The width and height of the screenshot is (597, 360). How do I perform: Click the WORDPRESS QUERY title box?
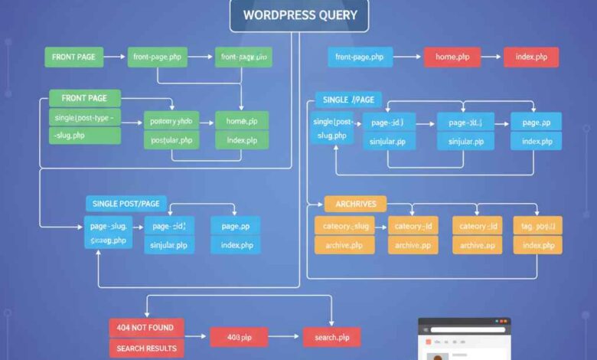[x=298, y=15]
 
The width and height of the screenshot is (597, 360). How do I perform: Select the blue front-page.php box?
[x=360, y=57]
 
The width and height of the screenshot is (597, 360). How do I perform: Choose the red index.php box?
[x=531, y=57]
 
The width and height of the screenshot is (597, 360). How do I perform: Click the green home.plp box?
[x=242, y=120]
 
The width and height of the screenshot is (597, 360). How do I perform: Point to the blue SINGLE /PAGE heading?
[x=348, y=100]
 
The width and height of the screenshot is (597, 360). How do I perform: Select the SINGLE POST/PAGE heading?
[x=126, y=203]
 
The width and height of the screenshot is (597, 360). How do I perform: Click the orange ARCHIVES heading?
[x=356, y=204]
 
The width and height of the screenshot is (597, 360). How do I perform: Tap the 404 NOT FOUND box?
[x=146, y=328]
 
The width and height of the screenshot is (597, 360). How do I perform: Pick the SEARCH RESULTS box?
[x=146, y=349]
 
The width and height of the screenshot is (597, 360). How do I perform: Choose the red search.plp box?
[x=331, y=336]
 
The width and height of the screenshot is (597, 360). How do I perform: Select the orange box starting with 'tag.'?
[x=537, y=225]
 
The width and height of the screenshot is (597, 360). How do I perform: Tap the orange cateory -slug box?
[x=344, y=225]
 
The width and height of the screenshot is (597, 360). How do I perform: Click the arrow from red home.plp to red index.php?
[x=492, y=57]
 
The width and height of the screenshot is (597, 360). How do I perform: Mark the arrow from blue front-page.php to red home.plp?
[x=407, y=57]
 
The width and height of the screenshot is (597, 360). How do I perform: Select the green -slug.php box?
[x=85, y=136]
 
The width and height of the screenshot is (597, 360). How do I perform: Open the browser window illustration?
[x=464, y=339]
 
